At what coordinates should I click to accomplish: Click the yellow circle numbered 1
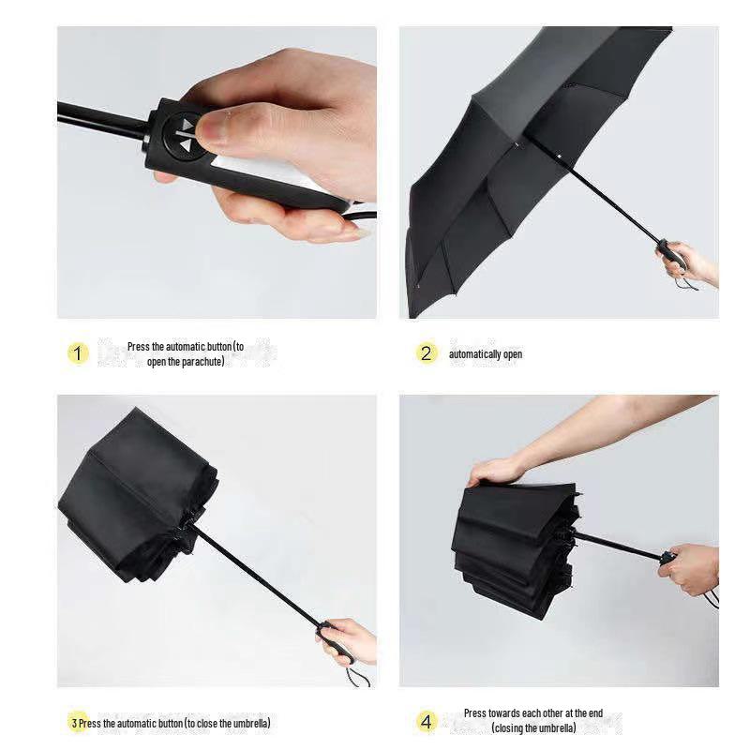pyautogui.click(x=78, y=353)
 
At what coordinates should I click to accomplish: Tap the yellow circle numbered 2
pyautogui.click(x=427, y=353)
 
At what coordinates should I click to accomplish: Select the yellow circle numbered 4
pyautogui.click(x=427, y=722)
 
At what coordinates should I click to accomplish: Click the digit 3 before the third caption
pyautogui.click(x=74, y=723)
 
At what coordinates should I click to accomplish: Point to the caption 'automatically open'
pyautogui.click(x=485, y=354)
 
